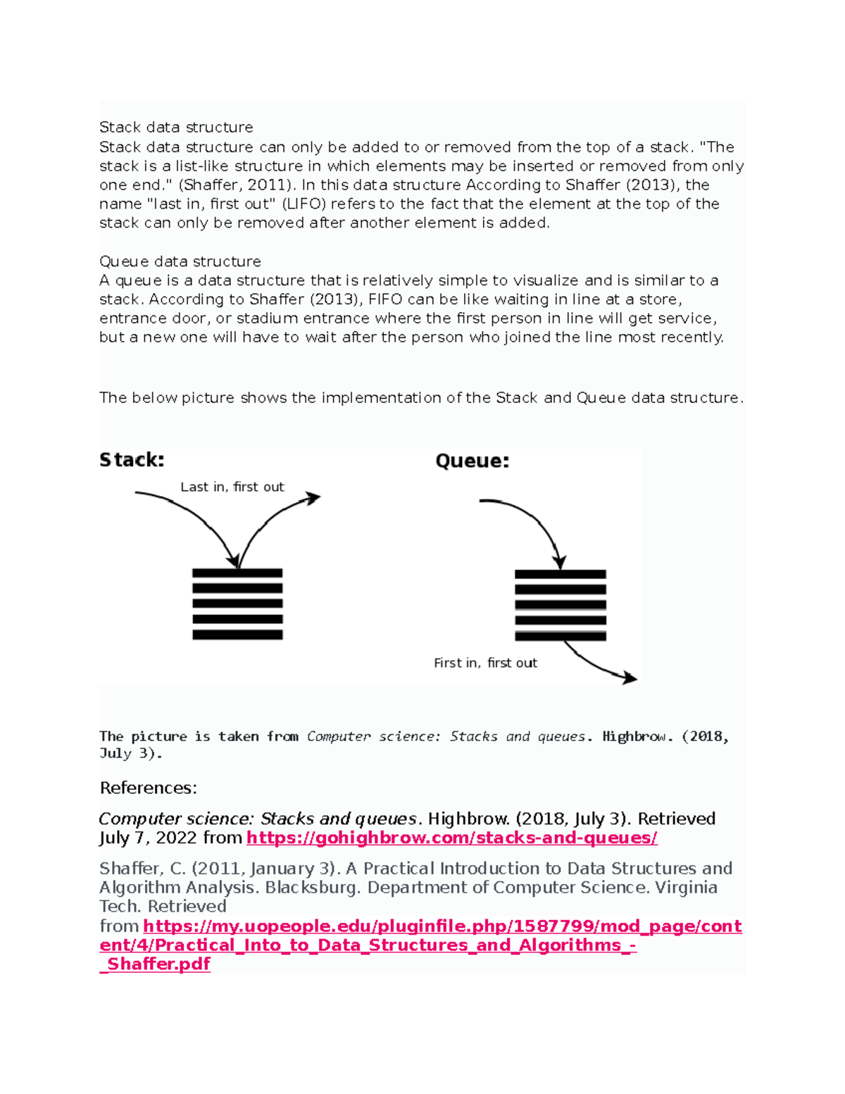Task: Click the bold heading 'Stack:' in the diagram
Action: (x=132, y=460)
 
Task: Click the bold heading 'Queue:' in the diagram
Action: (x=472, y=461)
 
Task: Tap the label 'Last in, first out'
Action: (x=232, y=487)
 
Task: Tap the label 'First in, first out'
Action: (x=485, y=663)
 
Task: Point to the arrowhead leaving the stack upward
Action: (x=313, y=497)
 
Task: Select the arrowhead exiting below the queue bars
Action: (x=630, y=678)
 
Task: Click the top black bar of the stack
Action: (x=237, y=573)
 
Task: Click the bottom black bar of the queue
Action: (x=560, y=636)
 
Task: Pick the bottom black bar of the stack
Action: (x=237, y=635)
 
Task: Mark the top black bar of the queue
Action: (x=560, y=575)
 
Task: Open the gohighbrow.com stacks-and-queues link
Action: (x=451, y=838)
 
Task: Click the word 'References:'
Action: (x=149, y=788)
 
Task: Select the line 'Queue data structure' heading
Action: (x=180, y=261)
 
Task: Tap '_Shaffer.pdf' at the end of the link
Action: (x=155, y=964)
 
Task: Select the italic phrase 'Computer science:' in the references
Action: (x=177, y=819)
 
